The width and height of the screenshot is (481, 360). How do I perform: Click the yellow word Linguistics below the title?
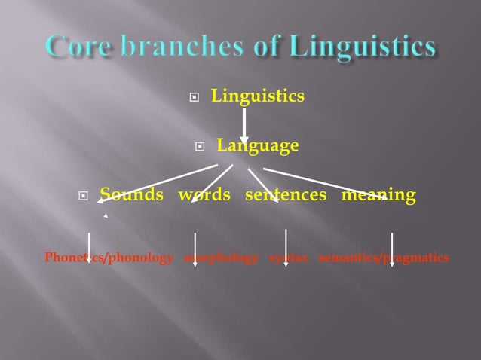(x=257, y=96)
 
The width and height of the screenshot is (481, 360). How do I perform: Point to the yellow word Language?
(x=257, y=145)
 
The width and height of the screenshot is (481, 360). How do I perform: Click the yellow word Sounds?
(x=132, y=195)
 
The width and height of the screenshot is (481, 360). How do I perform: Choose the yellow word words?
(x=204, y=195)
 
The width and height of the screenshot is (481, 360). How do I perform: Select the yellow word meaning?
(x=378, y=195)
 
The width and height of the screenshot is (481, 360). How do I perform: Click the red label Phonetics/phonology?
(x=109, y=258)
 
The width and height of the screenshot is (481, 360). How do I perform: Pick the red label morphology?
(x=221, y=258)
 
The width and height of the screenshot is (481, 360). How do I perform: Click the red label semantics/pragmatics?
(x=384, y=258)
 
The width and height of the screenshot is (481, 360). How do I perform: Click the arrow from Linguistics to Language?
(x=244, y=121)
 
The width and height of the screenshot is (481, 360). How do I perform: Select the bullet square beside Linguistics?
(x=195, y=98)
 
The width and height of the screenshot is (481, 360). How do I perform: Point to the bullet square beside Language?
(x=200, y=147)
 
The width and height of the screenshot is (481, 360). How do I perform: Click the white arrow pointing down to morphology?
(x=195, y=249)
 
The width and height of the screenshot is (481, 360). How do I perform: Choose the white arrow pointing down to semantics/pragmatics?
(x=391, y=249)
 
